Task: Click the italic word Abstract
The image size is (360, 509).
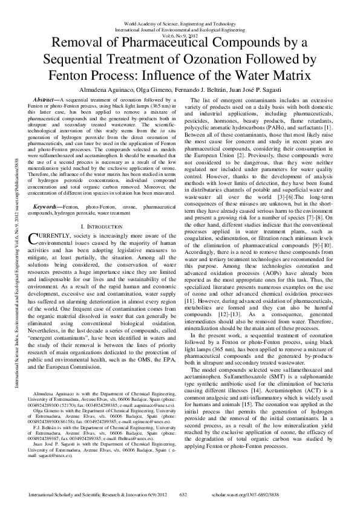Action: [x=47, y=99]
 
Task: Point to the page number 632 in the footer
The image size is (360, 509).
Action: [x=185, y=494]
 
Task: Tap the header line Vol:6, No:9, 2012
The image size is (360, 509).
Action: [x=180, y=36]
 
